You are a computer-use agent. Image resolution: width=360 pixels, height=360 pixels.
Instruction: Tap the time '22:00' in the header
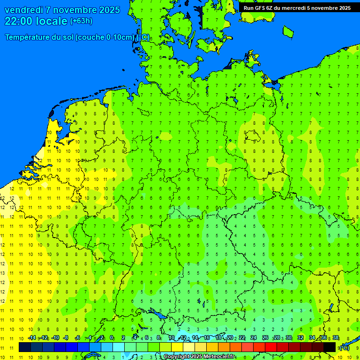click(19, 21)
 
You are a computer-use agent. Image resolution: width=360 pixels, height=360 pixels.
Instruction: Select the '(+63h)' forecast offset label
click(81, 21)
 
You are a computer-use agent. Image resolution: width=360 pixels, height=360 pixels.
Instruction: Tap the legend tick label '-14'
click(32, 338)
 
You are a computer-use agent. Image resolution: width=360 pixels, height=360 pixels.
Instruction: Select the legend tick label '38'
click(336, 338)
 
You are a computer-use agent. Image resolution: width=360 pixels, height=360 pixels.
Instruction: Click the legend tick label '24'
click(254, 338)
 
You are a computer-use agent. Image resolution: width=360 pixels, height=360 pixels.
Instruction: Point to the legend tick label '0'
click(112, 338)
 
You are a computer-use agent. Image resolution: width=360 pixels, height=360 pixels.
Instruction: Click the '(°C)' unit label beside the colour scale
click(344, 347)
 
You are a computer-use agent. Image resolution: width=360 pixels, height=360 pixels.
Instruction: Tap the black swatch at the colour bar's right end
click(330, 347)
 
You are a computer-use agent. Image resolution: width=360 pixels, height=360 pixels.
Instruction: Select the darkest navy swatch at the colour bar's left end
click(25, 347)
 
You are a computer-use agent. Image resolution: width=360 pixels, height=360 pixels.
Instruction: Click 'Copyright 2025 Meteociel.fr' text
click(199, 357)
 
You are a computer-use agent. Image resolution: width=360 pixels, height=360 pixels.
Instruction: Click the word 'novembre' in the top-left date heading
click(74, 10)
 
